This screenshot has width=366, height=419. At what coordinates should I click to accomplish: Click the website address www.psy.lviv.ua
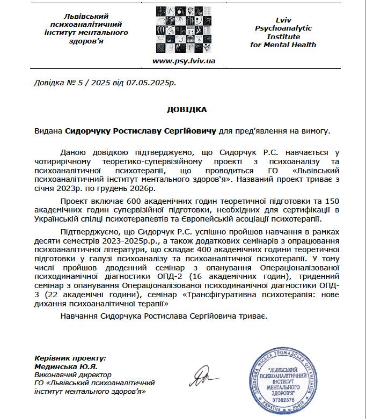pyautogui.click(x=184, y=61)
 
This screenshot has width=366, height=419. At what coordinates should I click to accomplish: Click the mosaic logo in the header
pyautogui.click(x=183, y=30)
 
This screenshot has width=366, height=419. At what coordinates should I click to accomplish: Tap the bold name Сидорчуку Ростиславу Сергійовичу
pyautogui.click(x=141, y=130)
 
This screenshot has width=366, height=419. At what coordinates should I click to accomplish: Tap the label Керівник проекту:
pyautogui.click(x=70, y=358)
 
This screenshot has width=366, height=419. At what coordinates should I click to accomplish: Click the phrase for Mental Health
pyautogui.click(x=283, y=45)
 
